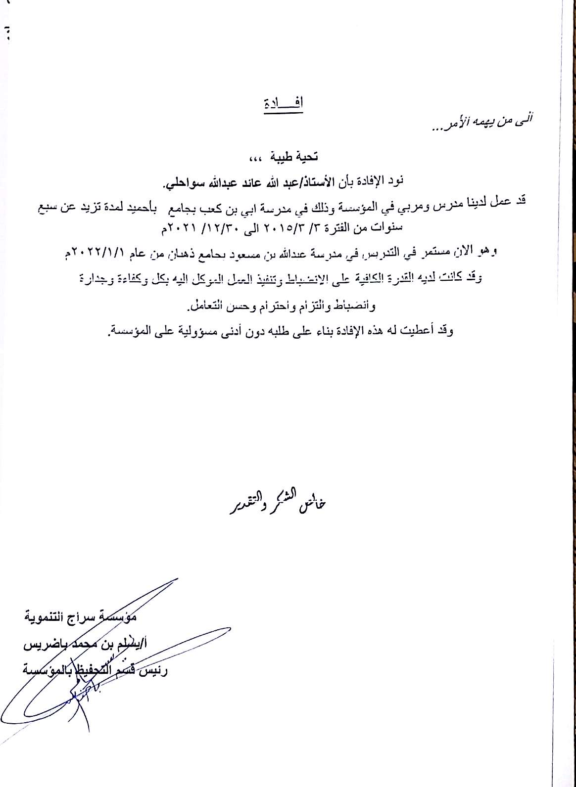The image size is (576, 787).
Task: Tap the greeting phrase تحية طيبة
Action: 296,157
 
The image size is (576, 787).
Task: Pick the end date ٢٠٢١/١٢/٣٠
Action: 212,228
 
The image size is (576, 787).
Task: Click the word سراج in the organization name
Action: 93,617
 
